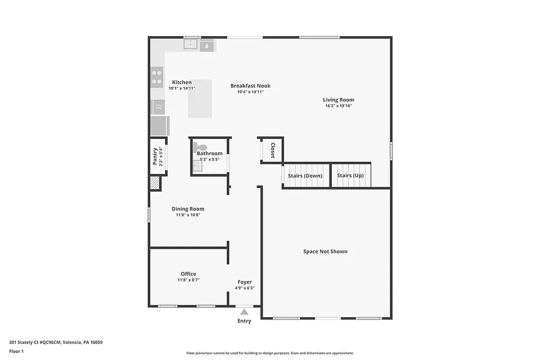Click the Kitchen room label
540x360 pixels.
(182, 82)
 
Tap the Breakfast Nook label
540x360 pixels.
(250, 85)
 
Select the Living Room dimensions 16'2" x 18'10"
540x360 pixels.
(339, 106)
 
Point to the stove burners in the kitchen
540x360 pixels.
(157, 77)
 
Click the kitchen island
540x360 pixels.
(200, 99)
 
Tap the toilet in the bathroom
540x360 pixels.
(200, 147)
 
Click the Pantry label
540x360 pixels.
(155, 157)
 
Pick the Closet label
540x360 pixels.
(273, 150)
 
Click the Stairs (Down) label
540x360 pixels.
(305, 176)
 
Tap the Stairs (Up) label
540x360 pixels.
(350, 176)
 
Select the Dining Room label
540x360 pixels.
(188, 209)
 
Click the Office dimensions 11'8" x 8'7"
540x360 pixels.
(188, 280)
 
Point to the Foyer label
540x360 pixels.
(245, 282)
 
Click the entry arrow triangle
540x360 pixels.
(244, 312)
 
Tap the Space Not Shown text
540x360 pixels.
(325, 251)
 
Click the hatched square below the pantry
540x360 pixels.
(155, 183)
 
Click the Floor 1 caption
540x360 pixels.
(16, 351)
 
